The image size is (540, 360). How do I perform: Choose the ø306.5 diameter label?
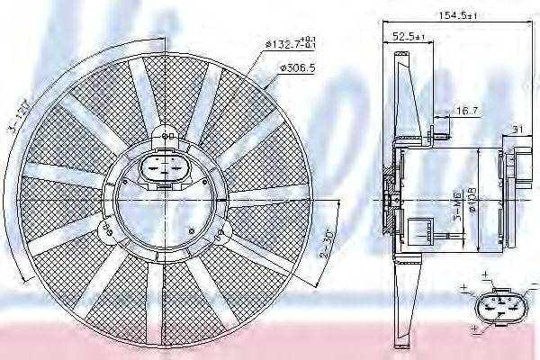coord(296,67)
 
